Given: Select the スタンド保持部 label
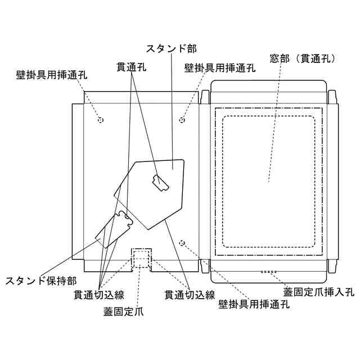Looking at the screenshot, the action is coord(38,280).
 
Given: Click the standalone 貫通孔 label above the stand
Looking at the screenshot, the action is coord(132,66).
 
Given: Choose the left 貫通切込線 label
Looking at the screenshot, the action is coord(99,294).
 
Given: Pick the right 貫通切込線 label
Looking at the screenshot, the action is coord(190,294).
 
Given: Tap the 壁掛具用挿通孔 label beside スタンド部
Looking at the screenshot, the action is coord(220,68).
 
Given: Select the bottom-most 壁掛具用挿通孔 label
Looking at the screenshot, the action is coord(254,304).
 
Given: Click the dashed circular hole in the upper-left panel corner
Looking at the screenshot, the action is coord(101,120).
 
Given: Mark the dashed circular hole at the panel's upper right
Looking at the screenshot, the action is coord(182,119).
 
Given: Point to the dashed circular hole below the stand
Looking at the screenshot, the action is coord(182,242).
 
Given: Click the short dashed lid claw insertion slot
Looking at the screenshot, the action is coord(271,272).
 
